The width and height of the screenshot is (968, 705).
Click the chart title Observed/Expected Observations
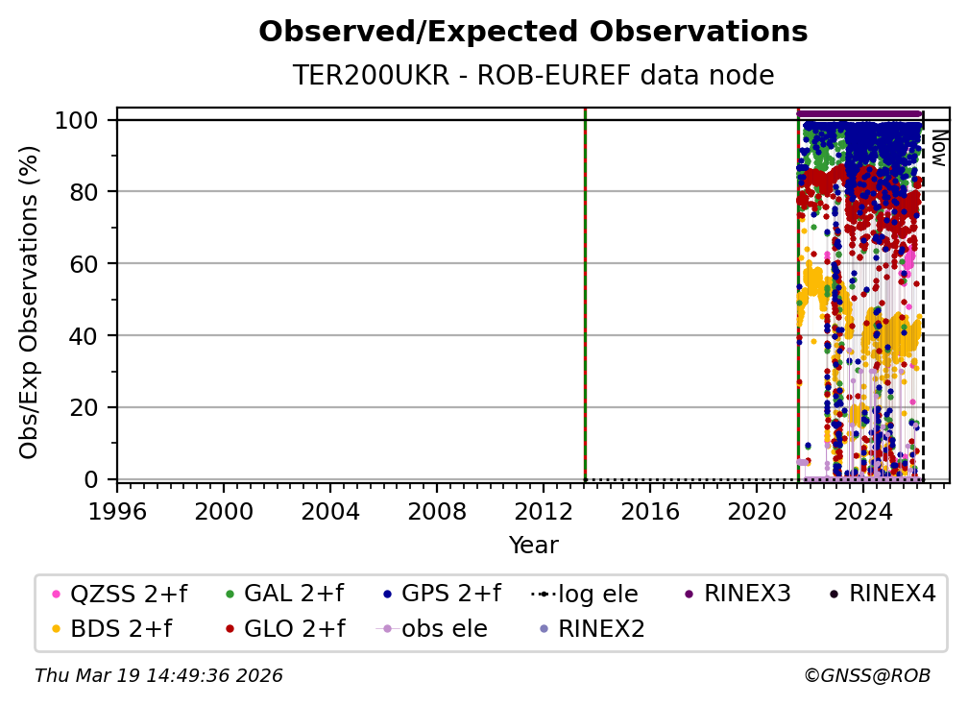pos(533,32)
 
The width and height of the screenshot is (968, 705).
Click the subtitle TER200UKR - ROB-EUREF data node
pos(533,75)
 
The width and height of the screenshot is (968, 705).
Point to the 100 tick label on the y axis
pos(82,120)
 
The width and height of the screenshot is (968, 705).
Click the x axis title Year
pos(533,546)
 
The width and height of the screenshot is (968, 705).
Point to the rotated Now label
pos(938,148)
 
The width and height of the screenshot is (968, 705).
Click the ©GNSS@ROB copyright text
pos(867,676)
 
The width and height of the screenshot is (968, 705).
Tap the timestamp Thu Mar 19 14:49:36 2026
pos(158,676)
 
